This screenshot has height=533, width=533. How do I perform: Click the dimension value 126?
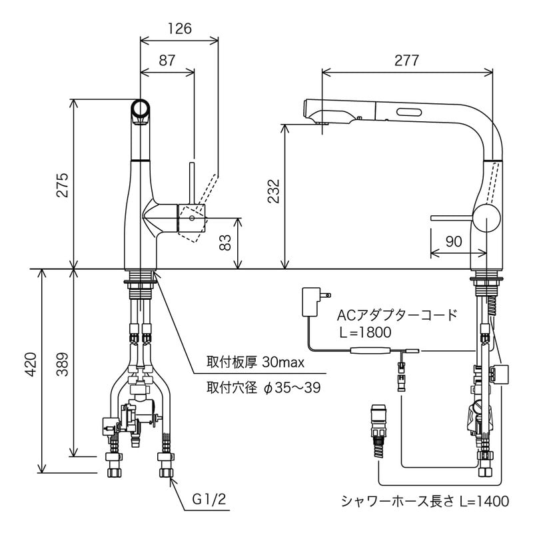pos(179,29)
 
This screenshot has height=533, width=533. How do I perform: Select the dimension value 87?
pos(167,60)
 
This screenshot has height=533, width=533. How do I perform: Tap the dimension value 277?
pos(406,60)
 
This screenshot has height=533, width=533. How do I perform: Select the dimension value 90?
pos(453,242)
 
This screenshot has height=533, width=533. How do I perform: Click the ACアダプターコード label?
pos(397,314)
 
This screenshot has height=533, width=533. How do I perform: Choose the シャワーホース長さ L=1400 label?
pos(424,501)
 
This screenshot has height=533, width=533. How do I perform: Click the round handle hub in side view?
pos(486,218)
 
